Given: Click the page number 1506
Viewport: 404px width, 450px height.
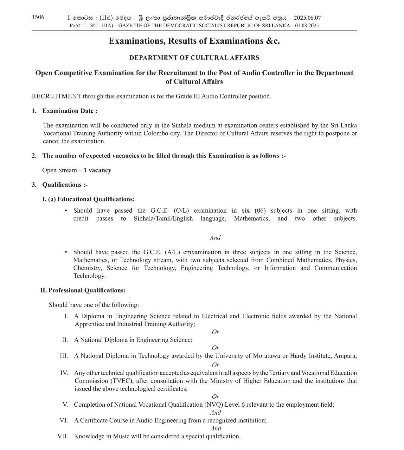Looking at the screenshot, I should (38, 17).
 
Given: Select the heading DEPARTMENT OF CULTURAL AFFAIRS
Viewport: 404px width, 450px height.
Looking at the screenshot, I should (194, 58).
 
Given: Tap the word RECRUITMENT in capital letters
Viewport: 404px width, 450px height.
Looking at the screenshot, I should (56, 96).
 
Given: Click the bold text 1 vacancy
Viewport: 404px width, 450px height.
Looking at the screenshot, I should (97, 170).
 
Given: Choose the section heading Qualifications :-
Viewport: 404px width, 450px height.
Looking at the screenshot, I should (65, 185).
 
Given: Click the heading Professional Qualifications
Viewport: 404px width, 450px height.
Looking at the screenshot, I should (87, 291).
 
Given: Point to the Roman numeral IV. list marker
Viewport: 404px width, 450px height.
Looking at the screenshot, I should (64, 373).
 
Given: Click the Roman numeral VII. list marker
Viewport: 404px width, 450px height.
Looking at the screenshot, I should (63, 436).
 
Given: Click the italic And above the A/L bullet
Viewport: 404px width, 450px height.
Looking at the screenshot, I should (215, 238).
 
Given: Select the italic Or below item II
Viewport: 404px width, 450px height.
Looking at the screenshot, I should (215, 348).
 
